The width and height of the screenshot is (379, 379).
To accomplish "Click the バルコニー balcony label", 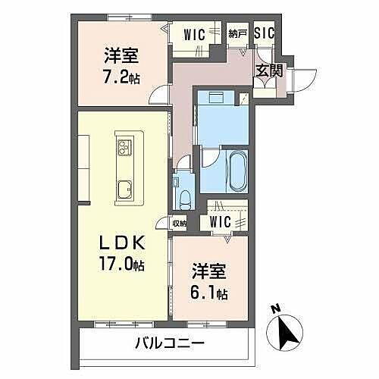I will tap(169, 343).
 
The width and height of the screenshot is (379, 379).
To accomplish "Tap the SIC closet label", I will tap(264, 33).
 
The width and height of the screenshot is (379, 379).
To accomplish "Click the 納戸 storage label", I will tap(238, 33).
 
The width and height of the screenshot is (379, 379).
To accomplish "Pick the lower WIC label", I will tap(221, 222).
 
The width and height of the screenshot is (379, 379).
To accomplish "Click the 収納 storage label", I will tap(179, 223).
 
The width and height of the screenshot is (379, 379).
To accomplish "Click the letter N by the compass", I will tap(274, 309).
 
